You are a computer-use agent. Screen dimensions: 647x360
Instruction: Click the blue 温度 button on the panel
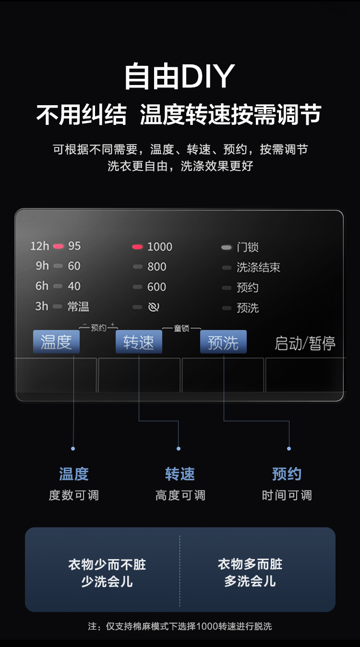pos(56,342)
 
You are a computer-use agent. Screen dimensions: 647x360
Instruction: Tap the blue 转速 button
pos(139,342)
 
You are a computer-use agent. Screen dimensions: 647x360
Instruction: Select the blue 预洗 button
pos(223,342)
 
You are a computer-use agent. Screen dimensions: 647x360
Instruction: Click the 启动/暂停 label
pos(305,343)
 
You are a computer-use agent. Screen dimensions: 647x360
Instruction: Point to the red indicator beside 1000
pos(137,247)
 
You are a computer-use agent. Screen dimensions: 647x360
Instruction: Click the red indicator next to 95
pos(58,246)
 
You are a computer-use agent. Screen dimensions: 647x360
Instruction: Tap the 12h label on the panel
pos(39,246)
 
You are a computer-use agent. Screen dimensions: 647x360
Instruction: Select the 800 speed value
pos(156,267)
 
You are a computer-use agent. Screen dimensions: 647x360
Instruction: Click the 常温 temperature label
pos(78,306)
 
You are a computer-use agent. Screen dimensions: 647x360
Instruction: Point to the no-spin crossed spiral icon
pos(154,307)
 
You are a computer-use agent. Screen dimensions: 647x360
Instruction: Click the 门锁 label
pos(248,247)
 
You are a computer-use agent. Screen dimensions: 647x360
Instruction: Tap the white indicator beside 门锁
pos(226,247)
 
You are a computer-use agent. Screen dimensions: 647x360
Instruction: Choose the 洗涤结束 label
pos(258,268)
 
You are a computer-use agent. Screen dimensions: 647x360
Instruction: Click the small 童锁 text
pos(181,329)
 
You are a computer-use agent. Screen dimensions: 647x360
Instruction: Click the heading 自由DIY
pos(180,76)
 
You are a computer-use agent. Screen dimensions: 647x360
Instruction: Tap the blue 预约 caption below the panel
pos(287,474)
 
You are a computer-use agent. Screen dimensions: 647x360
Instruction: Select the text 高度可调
pos(180,495)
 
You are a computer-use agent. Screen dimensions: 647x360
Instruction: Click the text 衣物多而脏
pos(250,564)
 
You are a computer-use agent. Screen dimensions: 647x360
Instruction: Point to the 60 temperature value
pos(74,266)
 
